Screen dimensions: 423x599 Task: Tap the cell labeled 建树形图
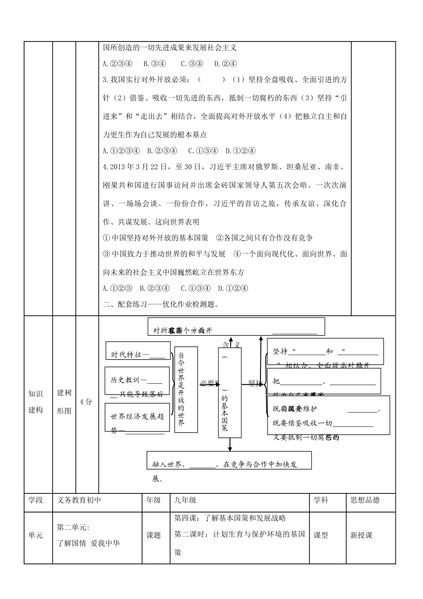[x=64, y=402]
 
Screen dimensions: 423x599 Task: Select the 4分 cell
[x=87, y=402]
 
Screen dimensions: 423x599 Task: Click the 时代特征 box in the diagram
[x=138, y=351]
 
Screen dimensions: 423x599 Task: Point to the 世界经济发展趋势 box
[x=138, y=418]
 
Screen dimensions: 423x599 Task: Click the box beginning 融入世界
[x=229, y=460]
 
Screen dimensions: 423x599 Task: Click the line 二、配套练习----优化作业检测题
[x=161, y=305]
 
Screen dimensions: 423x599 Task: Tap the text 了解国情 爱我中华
[x=89, y=543]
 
